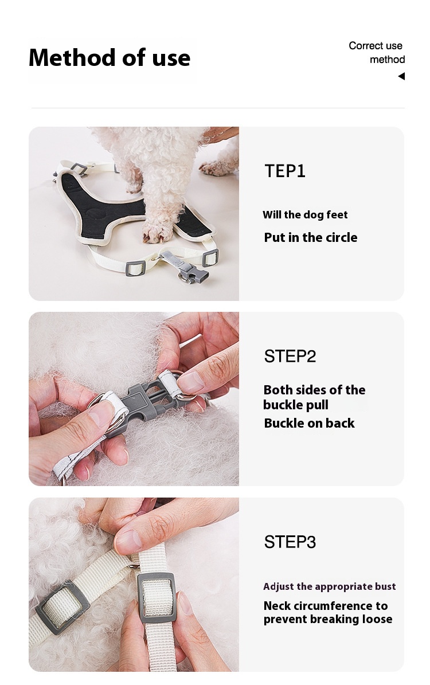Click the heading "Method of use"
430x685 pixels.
click(110, 58)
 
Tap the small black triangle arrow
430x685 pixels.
click(401, 76)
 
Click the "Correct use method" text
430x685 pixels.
click(377, 52)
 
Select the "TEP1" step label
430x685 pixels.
click(285, 171)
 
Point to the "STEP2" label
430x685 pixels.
click(290, 357)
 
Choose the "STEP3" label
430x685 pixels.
click(290, 542)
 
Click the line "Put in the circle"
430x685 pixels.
click(311, 238)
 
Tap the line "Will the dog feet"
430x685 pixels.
click(305, 215)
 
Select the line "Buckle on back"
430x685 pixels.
click(310, 423)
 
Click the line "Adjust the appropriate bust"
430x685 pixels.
click(330, 587)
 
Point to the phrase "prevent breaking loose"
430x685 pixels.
click(328, 620)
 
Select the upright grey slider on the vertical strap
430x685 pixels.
click(157, 597)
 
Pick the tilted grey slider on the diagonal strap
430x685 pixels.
click(62, 606)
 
